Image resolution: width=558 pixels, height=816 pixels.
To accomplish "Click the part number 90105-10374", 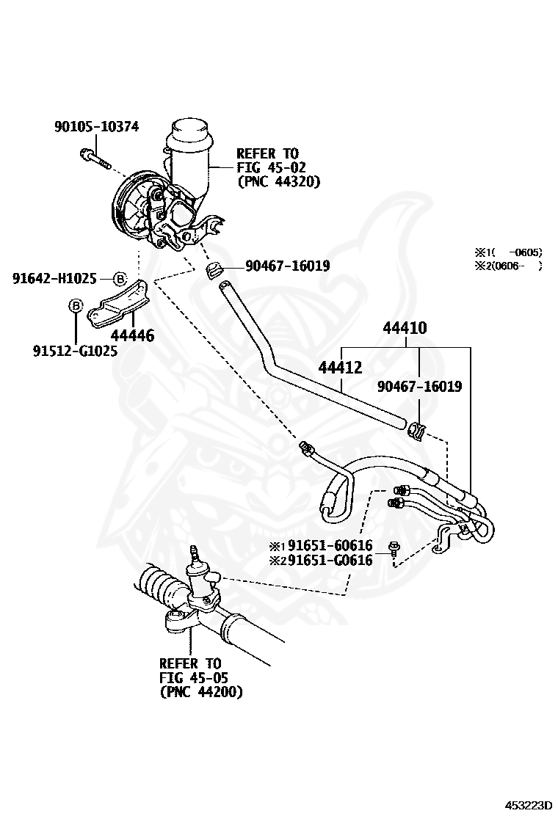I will tap(96, 127).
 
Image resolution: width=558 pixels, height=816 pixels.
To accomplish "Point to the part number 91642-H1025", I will tap(54, 279).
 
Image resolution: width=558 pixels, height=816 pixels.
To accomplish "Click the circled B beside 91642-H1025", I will tap(120, 279).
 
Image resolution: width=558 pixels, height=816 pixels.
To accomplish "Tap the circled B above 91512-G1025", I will tap(75, 305).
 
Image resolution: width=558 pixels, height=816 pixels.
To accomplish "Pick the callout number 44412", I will tap(341, 366).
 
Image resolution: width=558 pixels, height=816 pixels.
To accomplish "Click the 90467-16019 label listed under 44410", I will tap(419, 386).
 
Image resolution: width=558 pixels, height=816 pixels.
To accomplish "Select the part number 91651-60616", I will tap(330, 545).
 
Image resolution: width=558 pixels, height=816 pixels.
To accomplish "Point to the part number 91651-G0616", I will tap(330, 560).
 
